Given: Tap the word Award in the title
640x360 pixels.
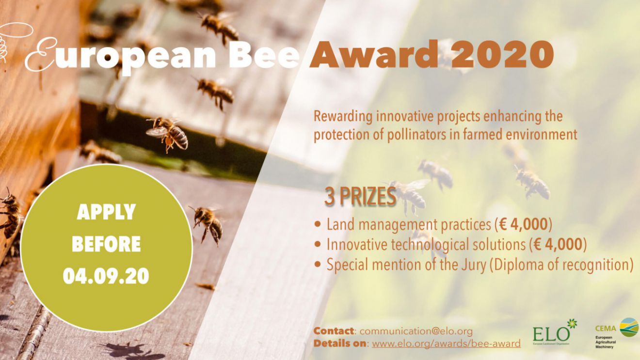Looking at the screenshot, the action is (374, 55).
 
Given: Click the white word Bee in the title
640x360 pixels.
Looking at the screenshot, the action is (264, 55).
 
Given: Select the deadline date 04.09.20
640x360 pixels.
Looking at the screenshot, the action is (106, 276).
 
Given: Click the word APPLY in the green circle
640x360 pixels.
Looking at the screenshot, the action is (106, 212).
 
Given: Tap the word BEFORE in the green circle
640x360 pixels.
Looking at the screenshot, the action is (106, 244).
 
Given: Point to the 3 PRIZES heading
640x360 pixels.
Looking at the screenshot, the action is (360, 197).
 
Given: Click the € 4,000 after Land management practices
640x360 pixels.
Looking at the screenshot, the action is (524, 224).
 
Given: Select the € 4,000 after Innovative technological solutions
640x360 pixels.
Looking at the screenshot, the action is (558, 245).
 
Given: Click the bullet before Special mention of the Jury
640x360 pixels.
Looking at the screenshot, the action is (318, 264).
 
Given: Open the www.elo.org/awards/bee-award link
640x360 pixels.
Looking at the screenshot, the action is (446, 344).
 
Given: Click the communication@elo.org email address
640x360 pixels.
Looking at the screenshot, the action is (416, 331).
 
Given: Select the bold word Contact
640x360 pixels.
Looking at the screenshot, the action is (334, 331).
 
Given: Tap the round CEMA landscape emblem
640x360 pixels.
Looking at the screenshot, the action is (629, 327).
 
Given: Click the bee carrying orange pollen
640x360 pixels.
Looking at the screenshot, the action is (167, 133).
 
